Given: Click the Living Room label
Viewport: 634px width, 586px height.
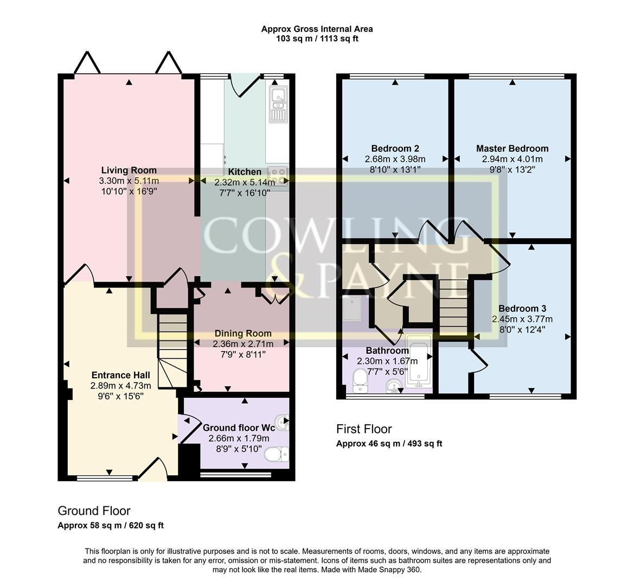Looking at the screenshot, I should click(129, 170).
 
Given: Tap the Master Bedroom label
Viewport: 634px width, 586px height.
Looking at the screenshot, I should click(512, 148).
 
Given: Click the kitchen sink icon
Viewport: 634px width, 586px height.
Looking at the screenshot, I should click(278, 104).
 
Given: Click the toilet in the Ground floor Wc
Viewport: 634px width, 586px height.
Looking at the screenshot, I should click(278, 453).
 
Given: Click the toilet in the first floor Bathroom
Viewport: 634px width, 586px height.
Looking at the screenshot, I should click(360, 381).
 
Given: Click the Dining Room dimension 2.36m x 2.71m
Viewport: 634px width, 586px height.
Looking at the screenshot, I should click(242, 344).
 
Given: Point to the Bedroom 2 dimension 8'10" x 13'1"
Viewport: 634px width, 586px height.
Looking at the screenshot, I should click(395, 170).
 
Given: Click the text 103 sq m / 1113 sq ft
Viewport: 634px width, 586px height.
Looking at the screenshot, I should click(317, 39).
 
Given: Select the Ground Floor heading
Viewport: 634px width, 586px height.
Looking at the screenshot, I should click(94, 511).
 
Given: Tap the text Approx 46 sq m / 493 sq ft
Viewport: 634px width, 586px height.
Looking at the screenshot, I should click(389, 444).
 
